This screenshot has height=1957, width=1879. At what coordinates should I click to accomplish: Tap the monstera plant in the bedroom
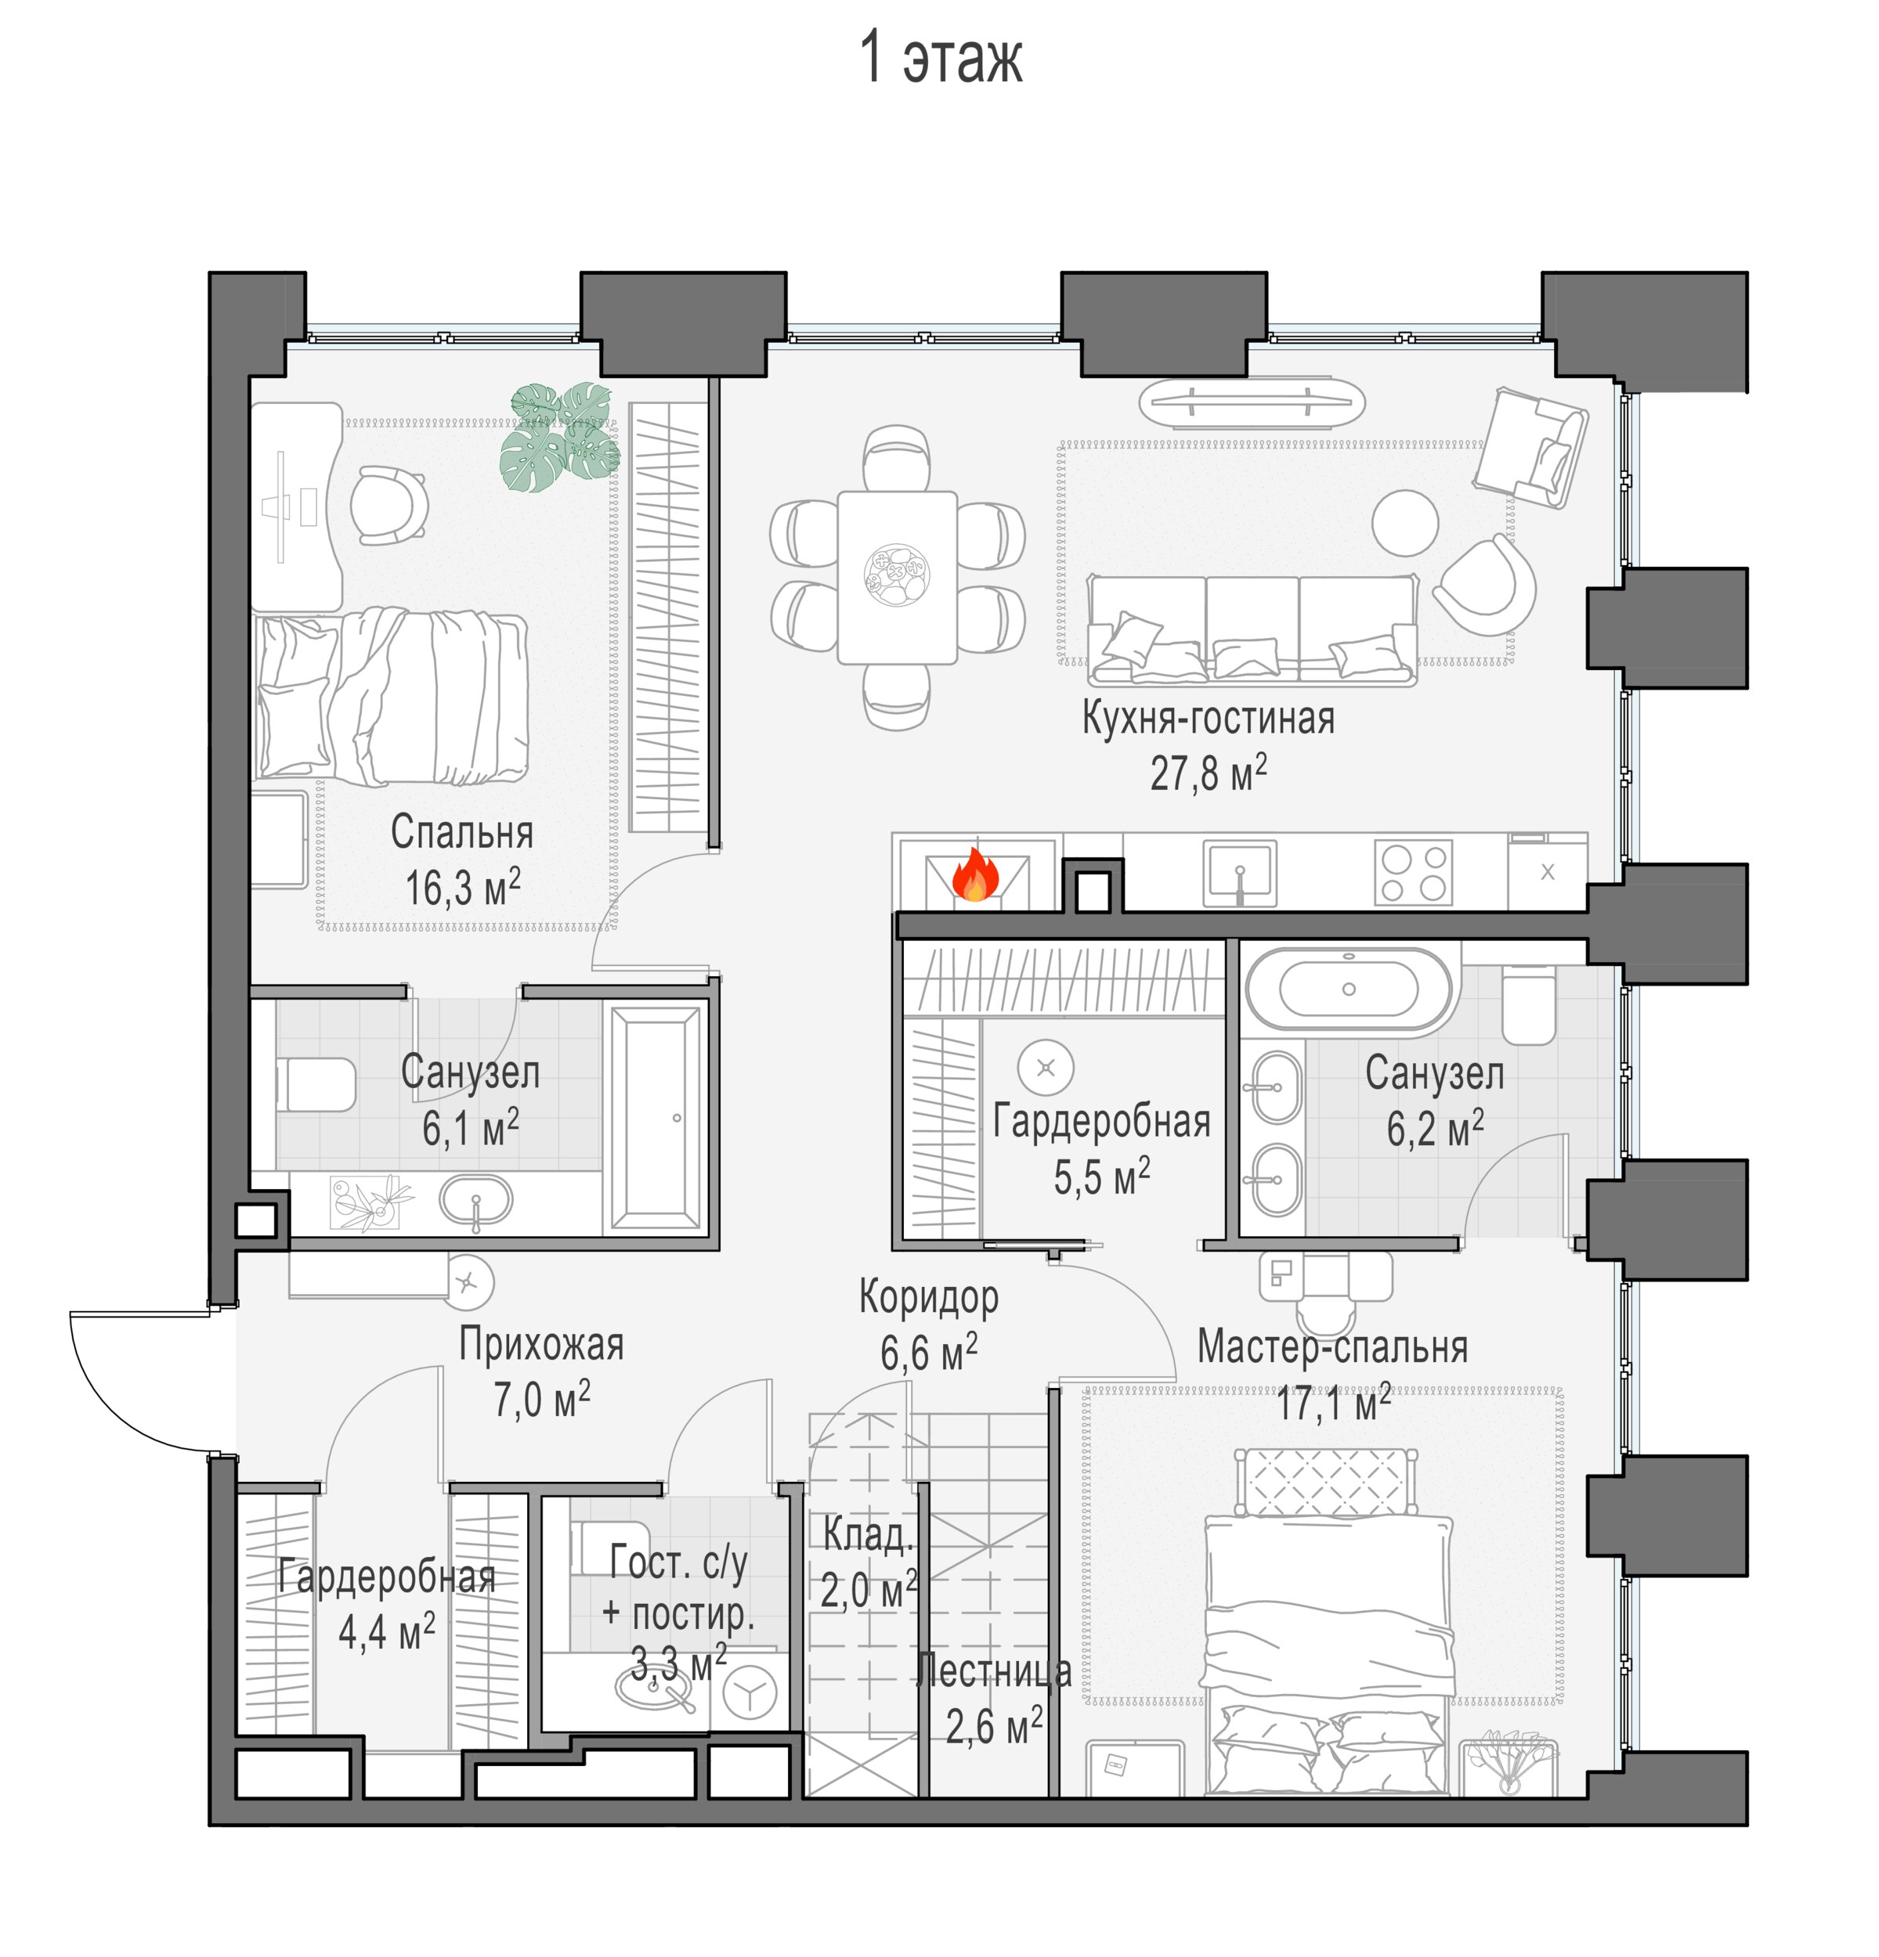559,436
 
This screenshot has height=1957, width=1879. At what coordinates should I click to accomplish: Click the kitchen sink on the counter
1238,873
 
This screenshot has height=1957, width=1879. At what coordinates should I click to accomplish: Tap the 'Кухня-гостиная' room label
1208,718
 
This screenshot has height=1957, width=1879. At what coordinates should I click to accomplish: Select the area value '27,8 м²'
1208,772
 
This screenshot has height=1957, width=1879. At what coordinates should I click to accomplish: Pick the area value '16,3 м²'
463,887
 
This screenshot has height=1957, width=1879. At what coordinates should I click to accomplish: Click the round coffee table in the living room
1404,522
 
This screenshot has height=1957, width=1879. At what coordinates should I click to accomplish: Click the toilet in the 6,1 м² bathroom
315,1084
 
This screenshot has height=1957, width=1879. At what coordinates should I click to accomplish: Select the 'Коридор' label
928,1296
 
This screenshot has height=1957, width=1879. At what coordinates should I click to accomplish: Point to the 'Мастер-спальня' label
1332,1346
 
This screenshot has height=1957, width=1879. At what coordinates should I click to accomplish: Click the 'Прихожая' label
540,1344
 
